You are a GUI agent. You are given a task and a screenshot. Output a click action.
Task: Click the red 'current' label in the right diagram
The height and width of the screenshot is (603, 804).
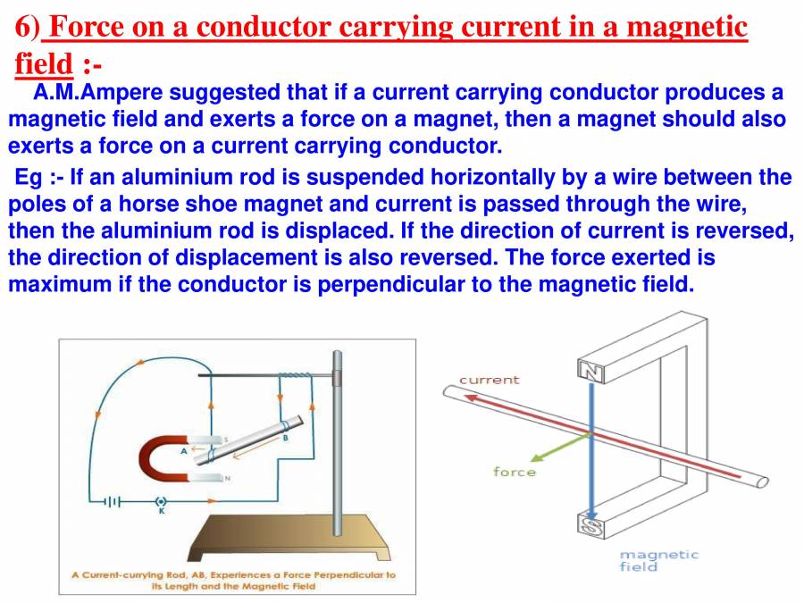489,380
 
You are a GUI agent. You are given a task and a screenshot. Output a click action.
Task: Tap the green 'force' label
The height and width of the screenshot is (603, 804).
515,472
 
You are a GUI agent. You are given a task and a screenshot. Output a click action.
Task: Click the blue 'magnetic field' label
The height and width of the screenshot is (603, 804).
658,560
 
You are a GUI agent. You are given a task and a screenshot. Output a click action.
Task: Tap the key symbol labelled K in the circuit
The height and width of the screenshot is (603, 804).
161,502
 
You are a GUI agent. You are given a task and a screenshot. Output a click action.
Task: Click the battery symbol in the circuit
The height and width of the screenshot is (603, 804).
111,502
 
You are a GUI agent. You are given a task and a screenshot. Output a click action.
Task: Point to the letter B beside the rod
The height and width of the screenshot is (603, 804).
285,439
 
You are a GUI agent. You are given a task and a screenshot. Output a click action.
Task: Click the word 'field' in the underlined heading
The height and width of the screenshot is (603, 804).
44,63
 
